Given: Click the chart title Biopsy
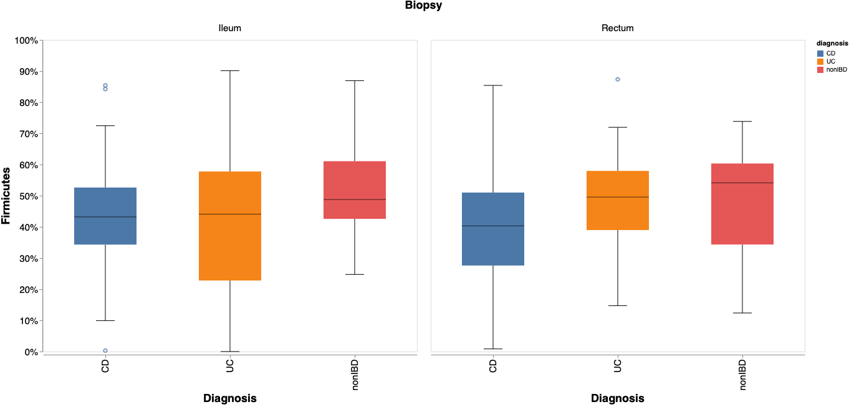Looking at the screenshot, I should tap(424, 6).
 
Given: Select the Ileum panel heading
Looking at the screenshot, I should tap(229, 28).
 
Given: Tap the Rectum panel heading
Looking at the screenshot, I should tap(617, 28).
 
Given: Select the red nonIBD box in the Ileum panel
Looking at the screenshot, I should tap(354, 190).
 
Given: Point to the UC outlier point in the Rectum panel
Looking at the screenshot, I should tap(618, 79).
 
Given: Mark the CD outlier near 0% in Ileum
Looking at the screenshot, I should tap(105, 350).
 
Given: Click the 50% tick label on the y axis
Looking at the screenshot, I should tap(27, 196).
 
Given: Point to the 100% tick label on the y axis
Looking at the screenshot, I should tap(26, 41).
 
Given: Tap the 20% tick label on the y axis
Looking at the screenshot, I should tap(27, 290).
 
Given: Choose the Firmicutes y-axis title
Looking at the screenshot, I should tap(6, 195).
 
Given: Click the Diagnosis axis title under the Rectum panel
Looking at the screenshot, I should tap(617, 398).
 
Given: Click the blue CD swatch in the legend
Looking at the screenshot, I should tap(820, 54).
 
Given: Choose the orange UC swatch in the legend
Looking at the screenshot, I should tap(820, 62).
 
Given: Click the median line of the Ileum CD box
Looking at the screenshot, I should tap(105, 217).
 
